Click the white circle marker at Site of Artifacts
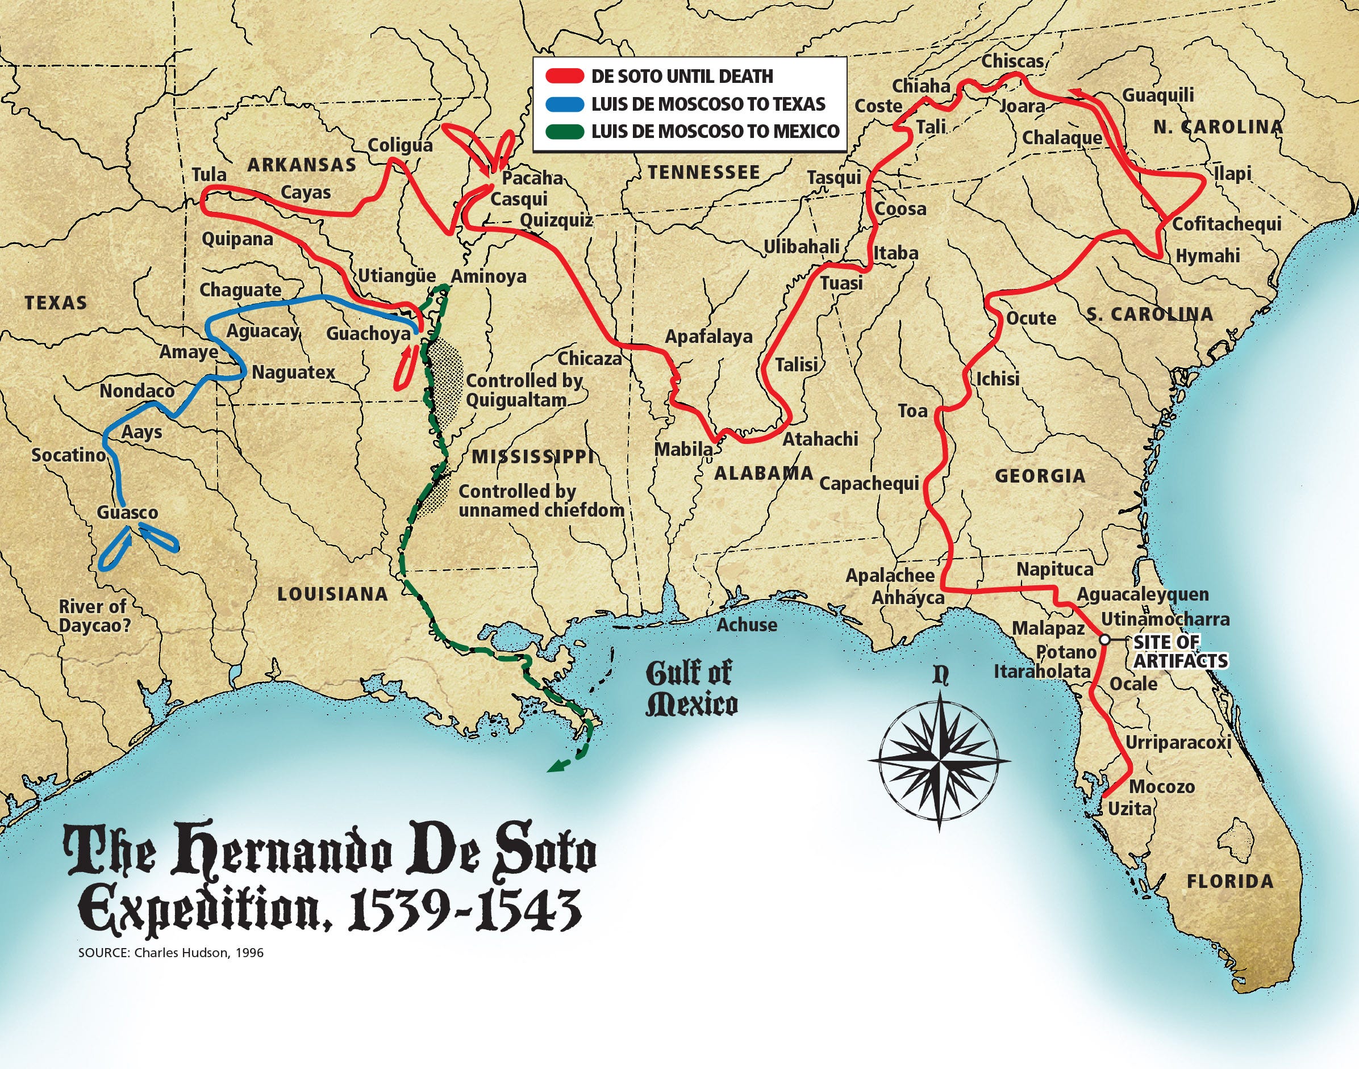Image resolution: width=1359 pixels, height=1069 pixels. pos(1104,640)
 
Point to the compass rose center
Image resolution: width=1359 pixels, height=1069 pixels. pos(939,762)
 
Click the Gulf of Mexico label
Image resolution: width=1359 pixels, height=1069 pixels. pos(691,689)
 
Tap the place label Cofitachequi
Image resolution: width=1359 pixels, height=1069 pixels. pos(1226,224)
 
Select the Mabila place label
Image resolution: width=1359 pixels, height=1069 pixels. pos(683,450)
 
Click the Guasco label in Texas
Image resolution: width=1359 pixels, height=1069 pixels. pos(127,513)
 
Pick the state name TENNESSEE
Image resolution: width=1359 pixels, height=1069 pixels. pos(703,173)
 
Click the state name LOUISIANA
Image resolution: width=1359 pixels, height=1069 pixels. pos(332,594)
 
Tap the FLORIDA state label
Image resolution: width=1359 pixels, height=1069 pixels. pos(1230,882)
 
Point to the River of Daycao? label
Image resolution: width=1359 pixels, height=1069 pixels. pos(94,616)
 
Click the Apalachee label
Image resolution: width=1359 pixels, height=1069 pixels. pos(890,576)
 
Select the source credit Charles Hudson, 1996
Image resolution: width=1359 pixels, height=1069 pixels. pos(171,953)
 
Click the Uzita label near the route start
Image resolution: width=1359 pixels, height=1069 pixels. pos(1129,809)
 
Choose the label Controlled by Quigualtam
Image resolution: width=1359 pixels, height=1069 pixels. pos(524,390)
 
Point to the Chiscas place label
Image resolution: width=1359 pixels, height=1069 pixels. pos(1012,61)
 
